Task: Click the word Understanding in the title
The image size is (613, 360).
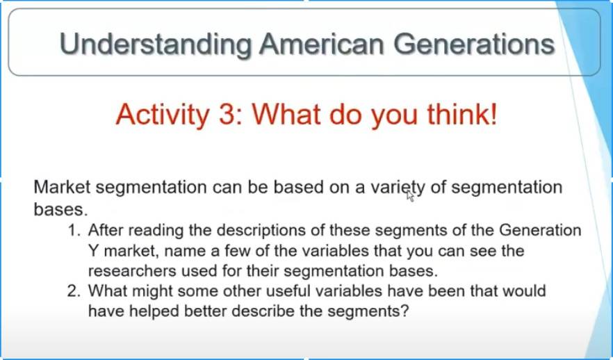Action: [x=156, y=44]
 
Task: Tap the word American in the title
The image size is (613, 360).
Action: [x=322, y=43]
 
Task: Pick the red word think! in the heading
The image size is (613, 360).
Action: [x=461, y=114]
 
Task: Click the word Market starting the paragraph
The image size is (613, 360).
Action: [x=62, y=187]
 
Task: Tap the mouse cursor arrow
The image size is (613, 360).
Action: [x=410, y=196]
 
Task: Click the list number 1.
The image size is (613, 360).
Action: [x=74, y=230]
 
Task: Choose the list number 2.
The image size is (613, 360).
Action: [x=74, y=291]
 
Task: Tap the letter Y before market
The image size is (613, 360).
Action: [x=93, y=251]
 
